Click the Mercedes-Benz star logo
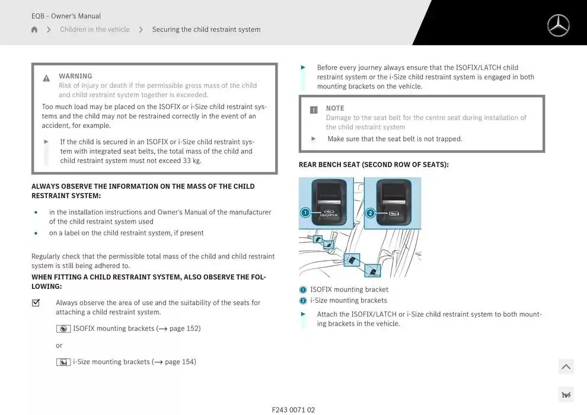click(x=558, y=25)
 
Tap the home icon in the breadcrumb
click(x=34, y=30)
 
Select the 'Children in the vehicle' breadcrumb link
click(x=95, y=30)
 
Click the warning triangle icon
click(x=46, y=78)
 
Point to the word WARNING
click(x=75, y=76)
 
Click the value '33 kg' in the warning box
click(x=192, y=161)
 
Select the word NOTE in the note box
click(x=335, y=108)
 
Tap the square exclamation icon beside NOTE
click(x=314, y=110)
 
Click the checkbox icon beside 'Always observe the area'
click(x=36, y=303)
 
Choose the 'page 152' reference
click(x=184, y=328)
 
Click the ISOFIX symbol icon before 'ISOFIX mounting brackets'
click(x=63, y=329)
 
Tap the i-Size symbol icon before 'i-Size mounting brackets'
click(x=63, y=362)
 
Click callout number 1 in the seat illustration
click(x=305, y=213)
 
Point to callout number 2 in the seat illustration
click(x=370, y=213)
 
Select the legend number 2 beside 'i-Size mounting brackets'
click(x=303, y=301)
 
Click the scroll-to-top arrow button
click(x=566, y=367)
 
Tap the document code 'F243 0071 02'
click(x=293, y=410)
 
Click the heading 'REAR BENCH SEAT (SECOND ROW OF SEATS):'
click(x=374, y=165)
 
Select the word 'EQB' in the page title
click(x=39, y=16)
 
